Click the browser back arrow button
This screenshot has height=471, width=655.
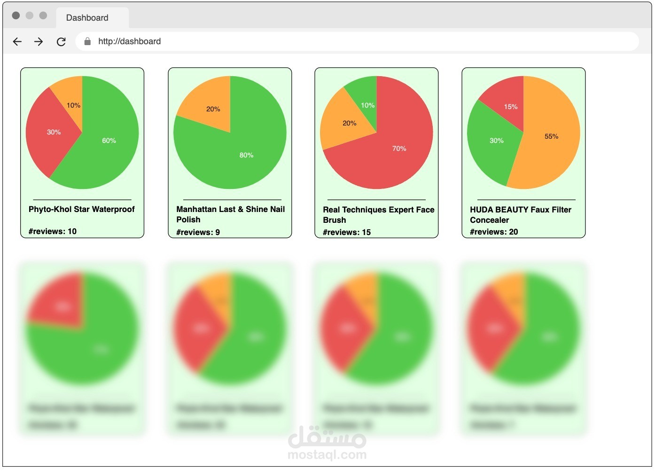[x=17, y=41]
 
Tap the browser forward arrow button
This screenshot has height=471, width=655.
[x=39, y=41]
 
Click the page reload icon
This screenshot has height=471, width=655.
[x=61, y=41]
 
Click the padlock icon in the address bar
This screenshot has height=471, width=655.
[x=87, y=41]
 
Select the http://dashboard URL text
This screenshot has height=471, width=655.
[x=129, y=41]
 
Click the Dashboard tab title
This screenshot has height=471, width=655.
[x=87, y=18]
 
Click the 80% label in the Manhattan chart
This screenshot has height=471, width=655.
[x=246, y=155]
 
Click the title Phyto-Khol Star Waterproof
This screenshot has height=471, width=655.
[x=82, y=209]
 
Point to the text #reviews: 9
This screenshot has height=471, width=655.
[x=198, y=232]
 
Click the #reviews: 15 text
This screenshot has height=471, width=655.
[x=347, y=232]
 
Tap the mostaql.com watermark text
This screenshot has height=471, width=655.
[x=327, y=455]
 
